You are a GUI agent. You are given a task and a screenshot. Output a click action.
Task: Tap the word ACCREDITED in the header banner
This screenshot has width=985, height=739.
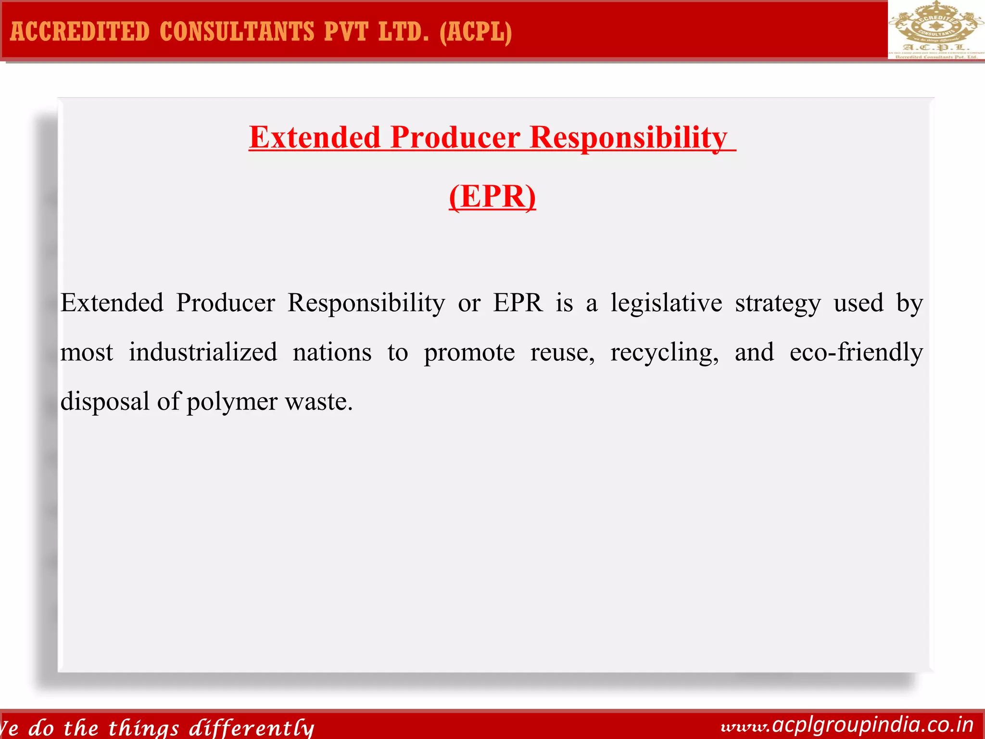pyautogui.click(x=80, y=32)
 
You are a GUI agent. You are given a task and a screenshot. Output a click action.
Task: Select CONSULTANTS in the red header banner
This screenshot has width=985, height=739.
pyautogui.click(x=237, y=32)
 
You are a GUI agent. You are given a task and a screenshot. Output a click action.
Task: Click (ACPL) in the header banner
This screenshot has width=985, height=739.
pyautogui.click(x=476, y=32)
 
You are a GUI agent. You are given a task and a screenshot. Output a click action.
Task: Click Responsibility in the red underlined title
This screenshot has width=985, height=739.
pyautogui.click(x=628, y=138)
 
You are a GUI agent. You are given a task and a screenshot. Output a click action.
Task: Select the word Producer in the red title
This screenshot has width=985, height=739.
pyautogui.click(x=455, y=138)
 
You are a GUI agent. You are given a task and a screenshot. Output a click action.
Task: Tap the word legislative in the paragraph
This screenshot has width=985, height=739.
pyautogui.click(x=667, y=303)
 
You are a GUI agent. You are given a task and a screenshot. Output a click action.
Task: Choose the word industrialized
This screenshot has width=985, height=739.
pyautogui.click(x=203, y=352)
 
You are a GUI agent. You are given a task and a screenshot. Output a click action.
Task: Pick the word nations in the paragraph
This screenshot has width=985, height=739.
pyautogui.click(x=332, y=352)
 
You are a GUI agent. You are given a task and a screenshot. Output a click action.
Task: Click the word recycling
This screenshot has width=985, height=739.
pyautogui.click(x=665, y=353)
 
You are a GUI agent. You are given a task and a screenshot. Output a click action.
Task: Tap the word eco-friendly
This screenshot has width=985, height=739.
pyautogui.click(x=856, y=352)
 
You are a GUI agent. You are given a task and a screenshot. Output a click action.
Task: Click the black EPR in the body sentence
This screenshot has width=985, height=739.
pyautogui.click(x=518, y=303)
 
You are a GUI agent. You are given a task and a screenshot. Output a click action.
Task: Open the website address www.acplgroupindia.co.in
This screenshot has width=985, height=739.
pyautogui.click(x=847, y=725)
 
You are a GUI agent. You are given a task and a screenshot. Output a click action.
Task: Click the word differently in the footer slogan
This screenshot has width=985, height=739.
pyautogui.click(x=252, y=727)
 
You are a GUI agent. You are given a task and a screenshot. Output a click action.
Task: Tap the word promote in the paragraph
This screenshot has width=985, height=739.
pyautogui.click(x=469, y=353)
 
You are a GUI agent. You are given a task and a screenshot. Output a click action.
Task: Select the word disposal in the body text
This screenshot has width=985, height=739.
pyautogui.click(x=105, y=401)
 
